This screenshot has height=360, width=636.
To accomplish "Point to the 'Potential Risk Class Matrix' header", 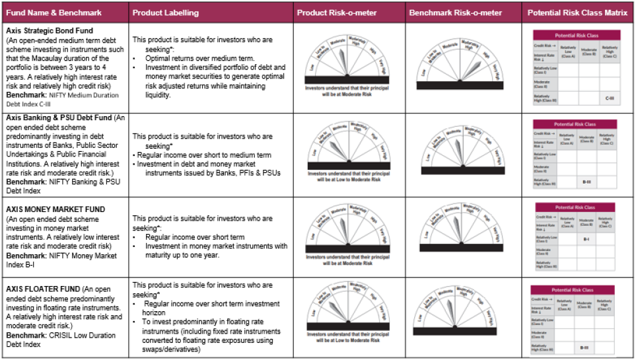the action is [x=577, y=13].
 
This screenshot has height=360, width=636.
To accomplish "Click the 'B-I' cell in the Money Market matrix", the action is [x=586, y=238].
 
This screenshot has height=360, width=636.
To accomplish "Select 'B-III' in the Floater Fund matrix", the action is [x=584, y=347].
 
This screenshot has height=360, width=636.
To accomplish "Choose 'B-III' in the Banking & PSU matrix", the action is [x=586, y=180].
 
